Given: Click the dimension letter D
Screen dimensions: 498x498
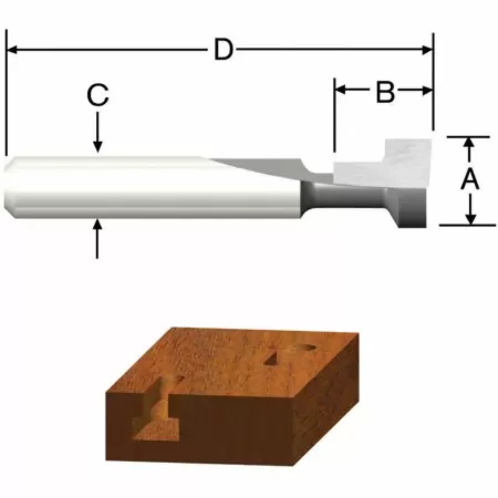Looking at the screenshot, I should click(223, 50).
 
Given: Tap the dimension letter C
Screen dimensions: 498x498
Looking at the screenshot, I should click(97, 96).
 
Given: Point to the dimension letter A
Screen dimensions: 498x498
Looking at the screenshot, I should click(470, 180).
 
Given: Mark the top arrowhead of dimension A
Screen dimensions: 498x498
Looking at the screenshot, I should click(469, 142).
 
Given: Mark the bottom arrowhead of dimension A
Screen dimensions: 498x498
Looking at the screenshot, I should click(470, 219).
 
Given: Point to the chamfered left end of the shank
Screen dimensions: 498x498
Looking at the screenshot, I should click(9, 187).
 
